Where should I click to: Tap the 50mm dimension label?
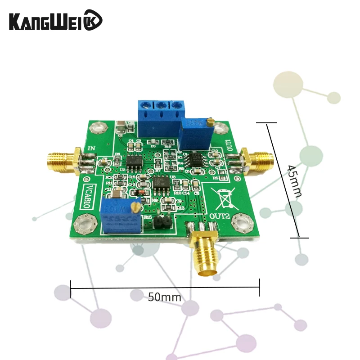click(165, 297)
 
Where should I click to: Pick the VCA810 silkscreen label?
click(89, 195)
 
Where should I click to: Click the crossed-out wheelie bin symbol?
click(224, 197)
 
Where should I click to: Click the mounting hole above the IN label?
click(97, 128)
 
